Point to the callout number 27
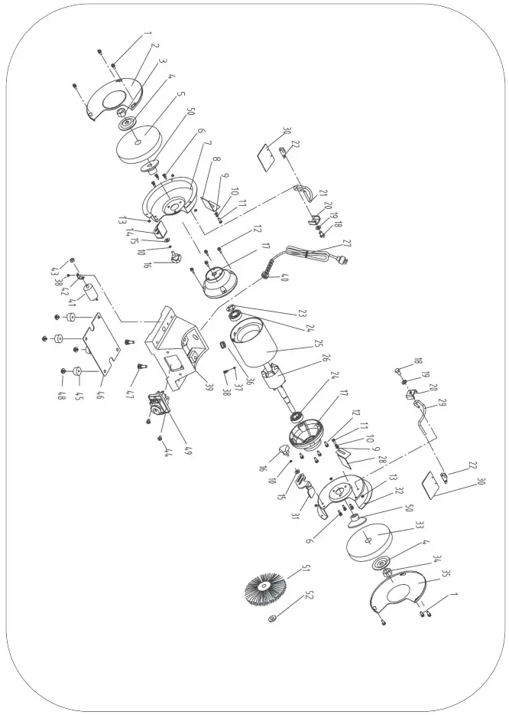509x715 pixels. coord(348,243)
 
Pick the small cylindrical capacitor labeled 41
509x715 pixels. coord(91,294)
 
